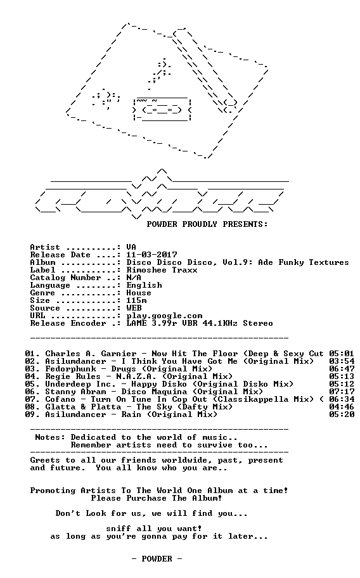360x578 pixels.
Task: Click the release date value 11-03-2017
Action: point(152,255)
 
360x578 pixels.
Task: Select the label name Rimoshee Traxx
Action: point(162,270)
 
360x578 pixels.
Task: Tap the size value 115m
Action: point(136,300)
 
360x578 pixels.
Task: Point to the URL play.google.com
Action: point(164,316)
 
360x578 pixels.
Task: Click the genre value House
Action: point(139,293)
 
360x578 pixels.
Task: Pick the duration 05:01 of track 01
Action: point(342,354)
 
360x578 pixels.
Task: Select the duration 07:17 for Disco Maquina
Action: point(342,392)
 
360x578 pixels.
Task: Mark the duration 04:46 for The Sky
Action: point(342,407)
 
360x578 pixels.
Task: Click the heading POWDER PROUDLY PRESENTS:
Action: point(207,224)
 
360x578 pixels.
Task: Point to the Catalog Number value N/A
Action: point(134,278)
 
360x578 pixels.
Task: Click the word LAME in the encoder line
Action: point(136,323)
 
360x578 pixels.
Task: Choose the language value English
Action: point(144,285)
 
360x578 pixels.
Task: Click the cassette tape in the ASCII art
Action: point(162,110)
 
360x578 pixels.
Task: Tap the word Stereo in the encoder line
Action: point(258,323)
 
